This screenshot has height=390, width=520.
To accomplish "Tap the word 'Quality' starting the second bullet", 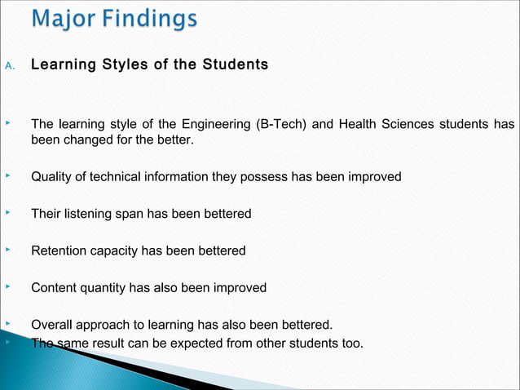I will click(52, 176).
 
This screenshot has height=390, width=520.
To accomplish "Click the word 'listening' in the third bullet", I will click(90, 214).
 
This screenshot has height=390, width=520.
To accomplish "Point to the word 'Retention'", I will click(58, 250).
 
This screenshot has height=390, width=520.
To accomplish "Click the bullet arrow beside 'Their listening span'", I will click(7, 212).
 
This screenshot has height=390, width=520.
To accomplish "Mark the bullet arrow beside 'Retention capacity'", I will click(7, 249).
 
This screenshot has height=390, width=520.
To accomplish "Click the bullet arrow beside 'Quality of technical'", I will click(7, 175).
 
